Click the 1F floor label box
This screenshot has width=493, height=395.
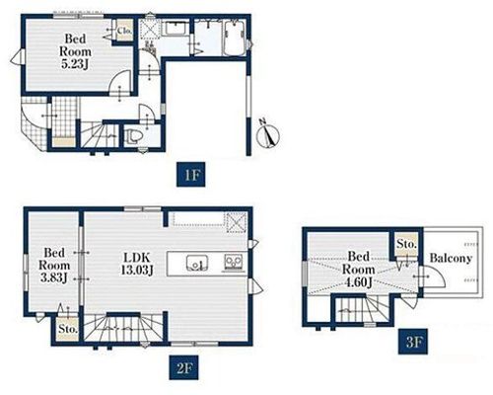pyautogui.click(x=191, y=175)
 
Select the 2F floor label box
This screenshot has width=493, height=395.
pyautogui.click(x=184, y=367)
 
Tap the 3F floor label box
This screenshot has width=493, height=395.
pyautogui.click(x=413, y=342)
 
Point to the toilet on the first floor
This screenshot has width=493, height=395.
pyautogui.click(x=134, y=136)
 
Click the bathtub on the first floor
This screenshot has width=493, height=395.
pyautogui.click(x=234, y=38)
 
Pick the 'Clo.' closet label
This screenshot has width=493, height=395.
pyautogui.click(x=125, y=31)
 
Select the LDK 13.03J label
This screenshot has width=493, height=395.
pyautogui.click(x=137, y=264)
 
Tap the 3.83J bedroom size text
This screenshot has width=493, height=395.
pyautogui.click(x=54, y=277)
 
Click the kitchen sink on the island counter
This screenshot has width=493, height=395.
pyautogui.click(x=197, y=263)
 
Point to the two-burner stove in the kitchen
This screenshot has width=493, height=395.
pyautogui.click(x=234, y=263)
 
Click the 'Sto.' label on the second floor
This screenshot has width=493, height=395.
pyautogui.click(x=68, y=329)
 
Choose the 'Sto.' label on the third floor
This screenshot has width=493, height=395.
pyautogui.click(x=406, y=245)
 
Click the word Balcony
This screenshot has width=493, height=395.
pyautogui.click(x=451, y=258)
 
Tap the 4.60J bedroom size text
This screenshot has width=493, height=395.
pyautogui.click(x=359, y=282)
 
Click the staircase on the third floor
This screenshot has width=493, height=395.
pyautogui.click(x=362, y=309)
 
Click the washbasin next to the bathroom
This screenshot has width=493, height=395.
pyautogui.click(x=176, y=28)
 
